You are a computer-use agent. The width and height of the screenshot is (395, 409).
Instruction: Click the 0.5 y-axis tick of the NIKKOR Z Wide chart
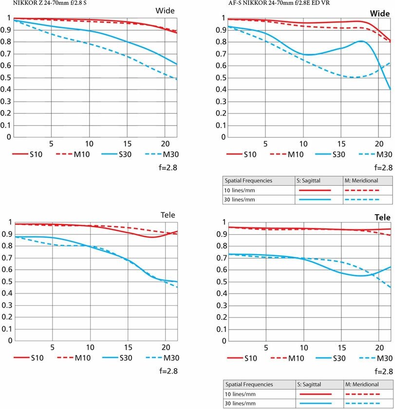click(x=6, y=78)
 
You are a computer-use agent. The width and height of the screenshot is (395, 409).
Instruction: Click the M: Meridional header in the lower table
click(x=363, y=384)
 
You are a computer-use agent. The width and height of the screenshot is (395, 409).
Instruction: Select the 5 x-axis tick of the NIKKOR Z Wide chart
click(x=51, y=144)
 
